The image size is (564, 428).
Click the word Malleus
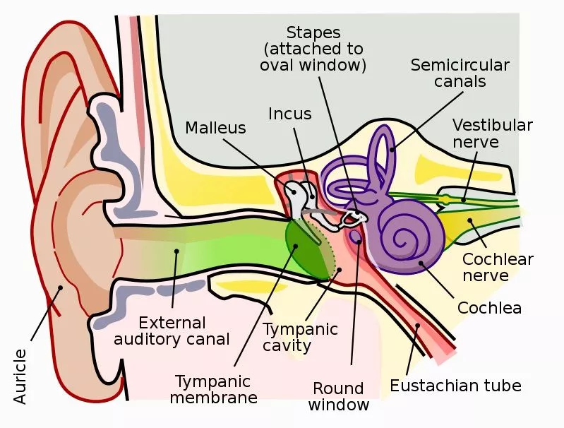(x=215, y=128)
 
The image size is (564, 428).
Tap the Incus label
(x=290, y=114)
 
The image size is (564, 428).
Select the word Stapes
(x=313, y=33)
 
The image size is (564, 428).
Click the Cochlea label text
(x=489, y=308)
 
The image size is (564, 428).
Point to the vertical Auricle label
(x=20, y=376)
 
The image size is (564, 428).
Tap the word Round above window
(x=338, y=388)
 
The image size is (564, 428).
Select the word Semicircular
(x=460, y=65)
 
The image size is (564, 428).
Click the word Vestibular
(x=493, y=125)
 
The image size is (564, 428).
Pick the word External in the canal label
(x=172, y=323)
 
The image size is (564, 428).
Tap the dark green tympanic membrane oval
(x=304, y=249)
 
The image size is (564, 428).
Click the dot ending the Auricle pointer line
(x=61, y=287)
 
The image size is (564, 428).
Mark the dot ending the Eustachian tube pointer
(x=418, y=326)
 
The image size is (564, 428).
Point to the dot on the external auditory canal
(x=176, y=251)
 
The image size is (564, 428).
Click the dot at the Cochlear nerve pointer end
(x=469, y=220)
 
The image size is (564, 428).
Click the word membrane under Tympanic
(x=214, y=398)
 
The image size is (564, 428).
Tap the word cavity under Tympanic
(x=287, y=345)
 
